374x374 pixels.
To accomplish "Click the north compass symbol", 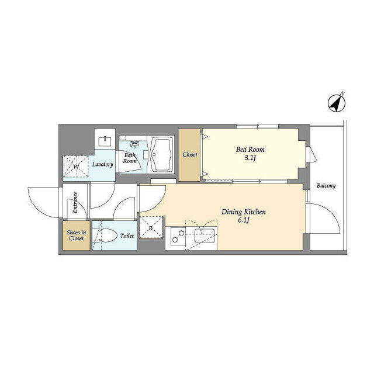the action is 337,103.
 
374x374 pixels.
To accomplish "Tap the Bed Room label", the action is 250,150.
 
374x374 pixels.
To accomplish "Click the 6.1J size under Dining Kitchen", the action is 243,220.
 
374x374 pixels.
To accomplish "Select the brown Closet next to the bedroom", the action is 189,155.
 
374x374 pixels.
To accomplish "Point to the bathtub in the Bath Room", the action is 161,154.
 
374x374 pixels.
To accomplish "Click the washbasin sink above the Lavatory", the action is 105,141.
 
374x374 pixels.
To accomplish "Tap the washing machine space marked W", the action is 75,166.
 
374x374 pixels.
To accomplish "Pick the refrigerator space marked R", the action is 151,228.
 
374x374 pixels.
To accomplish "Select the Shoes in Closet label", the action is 77,235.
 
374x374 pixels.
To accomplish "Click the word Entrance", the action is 75,202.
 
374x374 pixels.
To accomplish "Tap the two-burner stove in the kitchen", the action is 178,236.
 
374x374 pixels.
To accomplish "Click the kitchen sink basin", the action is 205,235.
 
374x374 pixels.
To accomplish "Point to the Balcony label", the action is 326,186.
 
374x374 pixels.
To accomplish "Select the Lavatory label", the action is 103,164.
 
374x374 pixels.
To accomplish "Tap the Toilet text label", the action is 127,236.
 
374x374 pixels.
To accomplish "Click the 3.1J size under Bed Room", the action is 250,158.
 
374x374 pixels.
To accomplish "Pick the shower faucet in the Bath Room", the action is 135,144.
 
